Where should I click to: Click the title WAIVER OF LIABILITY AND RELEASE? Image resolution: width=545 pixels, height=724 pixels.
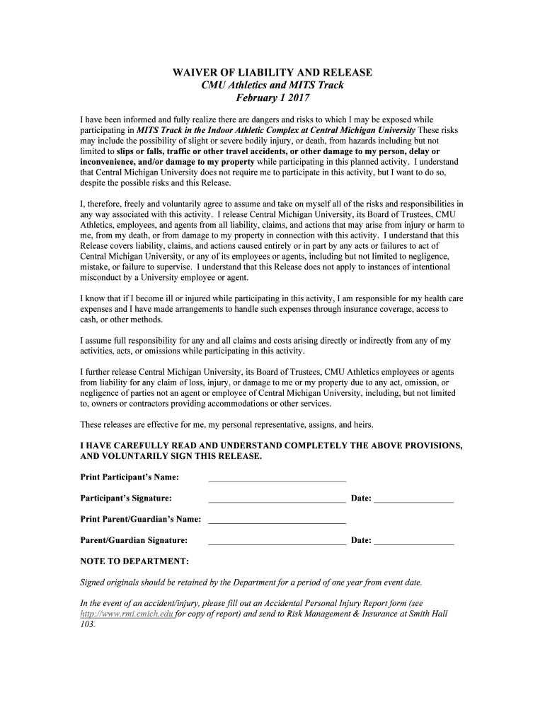272,73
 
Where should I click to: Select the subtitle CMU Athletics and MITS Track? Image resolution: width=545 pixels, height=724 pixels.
272,85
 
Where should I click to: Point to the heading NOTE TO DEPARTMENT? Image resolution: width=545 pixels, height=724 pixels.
134,561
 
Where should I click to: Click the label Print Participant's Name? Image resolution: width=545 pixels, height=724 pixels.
130,477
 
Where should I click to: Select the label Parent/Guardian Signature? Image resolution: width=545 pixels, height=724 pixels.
134,541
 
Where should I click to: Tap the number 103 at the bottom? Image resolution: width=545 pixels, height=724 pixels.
88,625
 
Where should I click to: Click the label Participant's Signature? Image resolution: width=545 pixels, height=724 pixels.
126,498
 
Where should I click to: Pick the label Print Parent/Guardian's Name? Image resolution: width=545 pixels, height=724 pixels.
141,520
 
